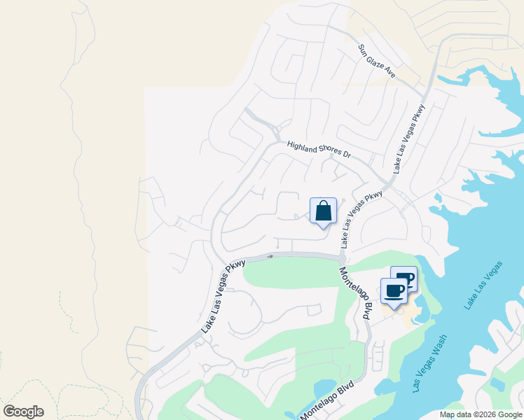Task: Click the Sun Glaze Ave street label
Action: click(377, 62)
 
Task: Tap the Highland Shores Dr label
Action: click(318, 148)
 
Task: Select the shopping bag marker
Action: click(323, 211)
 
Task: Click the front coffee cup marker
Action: click(394, 290)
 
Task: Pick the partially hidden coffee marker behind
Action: click(408, 276)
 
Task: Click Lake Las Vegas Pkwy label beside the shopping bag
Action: click(361, 218)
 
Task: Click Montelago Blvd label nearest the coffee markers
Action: click(354, 294)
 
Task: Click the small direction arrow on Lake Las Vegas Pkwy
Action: click(270, 256)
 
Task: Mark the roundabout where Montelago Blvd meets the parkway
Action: click(342, 259)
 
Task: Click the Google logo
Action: click(23, 411)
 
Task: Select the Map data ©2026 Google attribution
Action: click(481, 414)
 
